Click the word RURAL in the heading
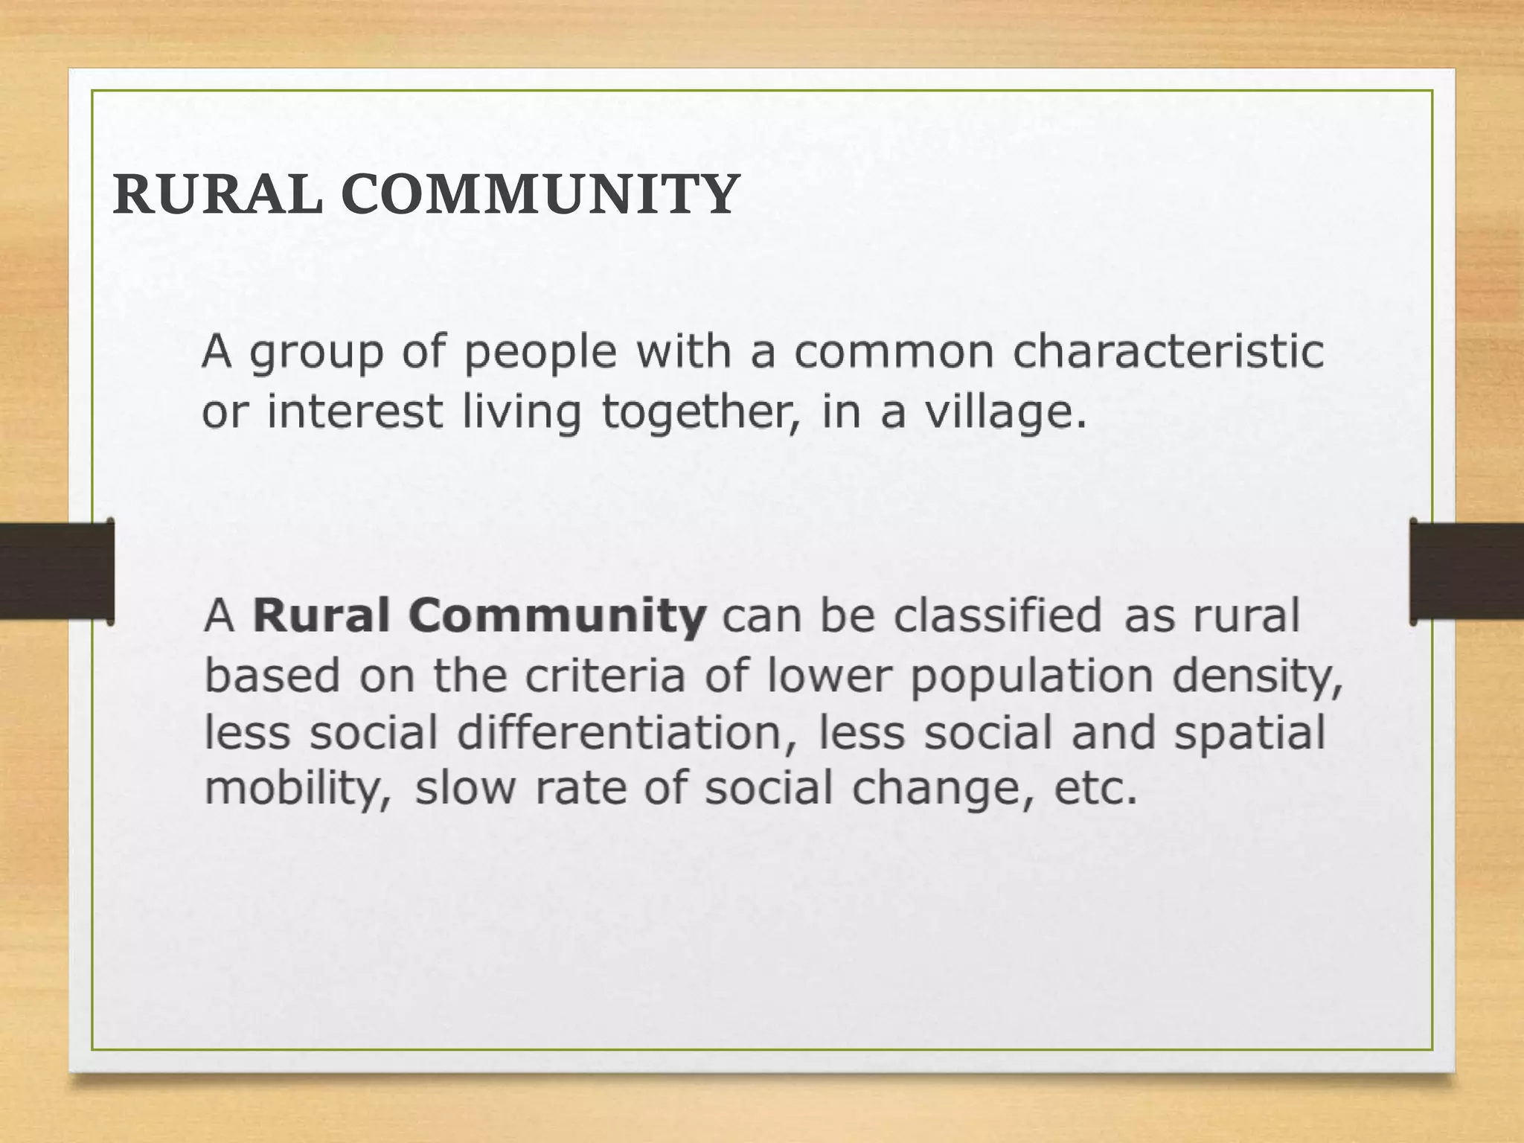(x=218, y=195)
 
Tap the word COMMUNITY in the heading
(x=540, y=195)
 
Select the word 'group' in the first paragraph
(x=316, y=353)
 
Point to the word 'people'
(x=540, y=353)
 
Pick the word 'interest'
(x=354, y=412)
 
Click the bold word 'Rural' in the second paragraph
(x=321, y=616)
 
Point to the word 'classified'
(x=997, y=616)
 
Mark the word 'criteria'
(x=605, y=676)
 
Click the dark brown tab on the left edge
(x=57, y=571)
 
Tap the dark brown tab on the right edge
(x=1466, y=571)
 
